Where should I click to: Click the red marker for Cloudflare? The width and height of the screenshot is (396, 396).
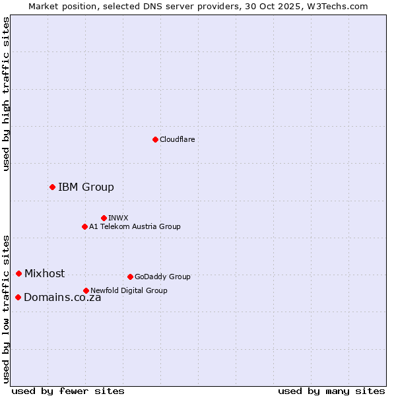pyautogui.click(x=155, y=139)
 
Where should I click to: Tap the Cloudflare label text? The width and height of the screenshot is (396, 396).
pyautogui.click(x=177, y=139)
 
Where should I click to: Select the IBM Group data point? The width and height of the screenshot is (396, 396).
pyautogui.click(x=52, y=187)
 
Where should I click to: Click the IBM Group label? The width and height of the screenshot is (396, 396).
pyautogui.click(x=86, y=187)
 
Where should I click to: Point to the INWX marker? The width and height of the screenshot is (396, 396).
pyautogui.click(x=104, y=218)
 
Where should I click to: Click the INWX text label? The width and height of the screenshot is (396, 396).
pyautogui.click(x=118, y=218)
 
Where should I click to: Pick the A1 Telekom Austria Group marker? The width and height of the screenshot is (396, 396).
pyautogui.click(x=84, y=226)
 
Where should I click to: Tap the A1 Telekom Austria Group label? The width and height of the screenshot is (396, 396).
pyautogui.click(x=135, y=226)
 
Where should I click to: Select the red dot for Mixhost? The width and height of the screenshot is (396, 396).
pyautogui.click(x=18, y=273)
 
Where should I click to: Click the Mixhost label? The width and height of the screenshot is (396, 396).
pyautogui.click(x=44, y=273)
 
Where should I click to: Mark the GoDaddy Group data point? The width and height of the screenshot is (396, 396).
pyautogui.click(x=130, y=277)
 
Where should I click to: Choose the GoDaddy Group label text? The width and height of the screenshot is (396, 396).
pyautogui.click(x=162, y=277)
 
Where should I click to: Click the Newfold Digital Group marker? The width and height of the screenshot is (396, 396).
pyautogui.click(x=86, y=290)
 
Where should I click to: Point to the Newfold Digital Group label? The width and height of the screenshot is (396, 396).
pyautogui.click(x=129, y=290)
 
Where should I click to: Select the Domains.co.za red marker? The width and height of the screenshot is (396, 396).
pyautogui.click(x=18, y=297)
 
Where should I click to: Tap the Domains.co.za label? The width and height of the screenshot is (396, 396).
pyautogui.click(x=62, y=297)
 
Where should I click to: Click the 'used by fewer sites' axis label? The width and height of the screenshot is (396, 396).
pyautogui.click(x=68, y=391)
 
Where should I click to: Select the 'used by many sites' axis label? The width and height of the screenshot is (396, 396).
pyautogui.click(x=331, y=391)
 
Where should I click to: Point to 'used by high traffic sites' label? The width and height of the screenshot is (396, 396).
pyautogui.click(x=6, y=94)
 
